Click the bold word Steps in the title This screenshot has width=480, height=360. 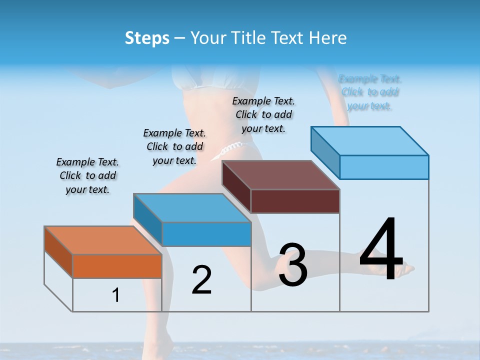pyautogui.click(x=147, y=38)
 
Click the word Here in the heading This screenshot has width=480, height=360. pyautogui.click(x=327, y=38)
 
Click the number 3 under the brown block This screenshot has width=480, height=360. pyautogui.click(x=293, y=265)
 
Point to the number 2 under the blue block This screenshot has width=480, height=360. pyautogui.click(x=201, y=280)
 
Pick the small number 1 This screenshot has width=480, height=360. pyautogui.click(x=116, y=295)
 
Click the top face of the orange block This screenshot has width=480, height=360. pyautogui.click(x=102, y=240)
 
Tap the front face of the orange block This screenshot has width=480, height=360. pyautogui.click(x=117, y=266)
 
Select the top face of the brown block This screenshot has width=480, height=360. pyautogui.click(x=280, y=175)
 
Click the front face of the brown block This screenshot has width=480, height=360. pyautogui.click(x=295, y=201)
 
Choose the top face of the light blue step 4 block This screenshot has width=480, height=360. pyautogui.click(x=369, y=141)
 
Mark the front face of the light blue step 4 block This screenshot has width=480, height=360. pyautogui.click(x=384, y=167)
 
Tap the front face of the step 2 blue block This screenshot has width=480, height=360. pyautogui.click(x=206, y=234)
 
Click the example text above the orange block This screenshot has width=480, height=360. pyautogui.click(x=87, y=176)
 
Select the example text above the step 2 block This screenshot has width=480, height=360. pyautogui.click(x=174, y=146)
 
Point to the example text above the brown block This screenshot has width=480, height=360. pyautogui.click(x=263, y=114)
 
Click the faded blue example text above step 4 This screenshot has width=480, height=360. pyautogui.click(x=370, y=92)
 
